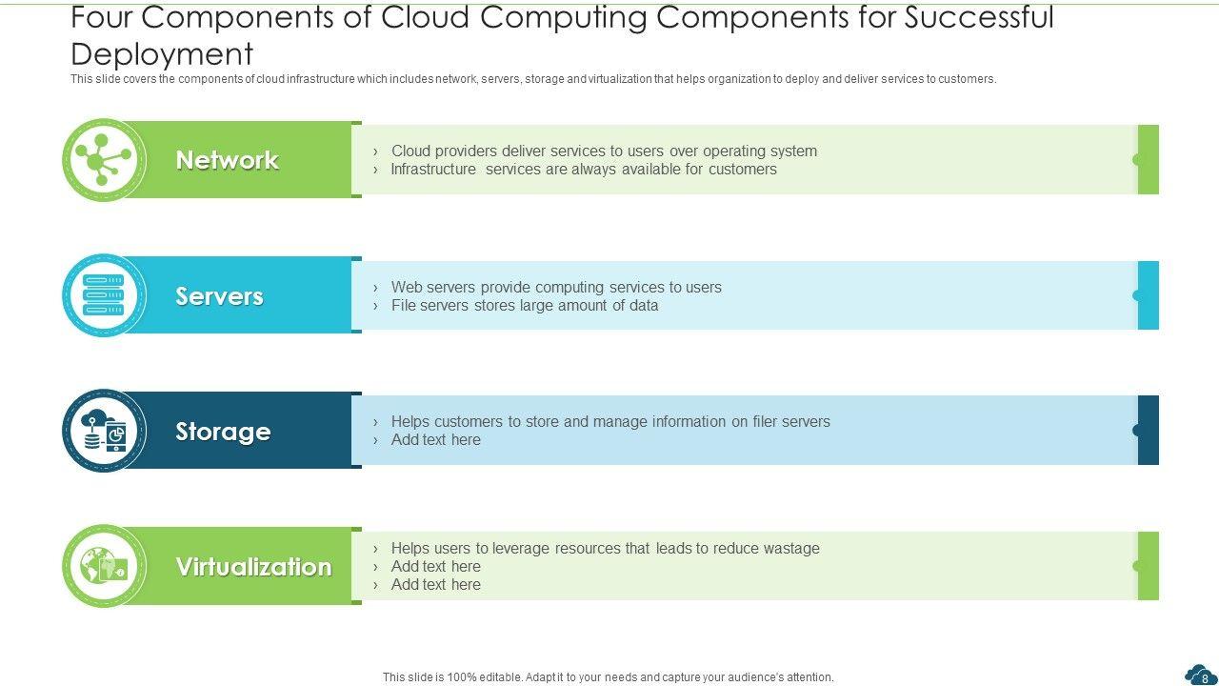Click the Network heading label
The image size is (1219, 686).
[x=227, y=160]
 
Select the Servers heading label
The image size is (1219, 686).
[x=219, y=296]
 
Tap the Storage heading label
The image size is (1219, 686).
[x=223, y=432]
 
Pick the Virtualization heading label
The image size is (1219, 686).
[x=253, y=567]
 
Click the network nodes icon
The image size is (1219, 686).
[x=103, y=160]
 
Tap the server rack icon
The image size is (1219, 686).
[x=103, y=295]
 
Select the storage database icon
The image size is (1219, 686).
[x=103, y=432]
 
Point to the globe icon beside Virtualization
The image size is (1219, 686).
[x=103, y=567]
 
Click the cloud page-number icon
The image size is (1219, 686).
[x=1200, y=675]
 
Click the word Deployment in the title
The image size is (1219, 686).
[x=162, y=53]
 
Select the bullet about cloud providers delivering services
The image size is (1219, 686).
[x=604, y=151]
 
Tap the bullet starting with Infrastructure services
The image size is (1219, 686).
[x=584, y=170]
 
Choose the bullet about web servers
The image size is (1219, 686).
[x=556, y=287]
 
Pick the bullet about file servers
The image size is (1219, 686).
[x=525, y=306]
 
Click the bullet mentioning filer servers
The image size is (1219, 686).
[x=610, y=421]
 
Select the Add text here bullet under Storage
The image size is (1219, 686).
[x=435, y=440]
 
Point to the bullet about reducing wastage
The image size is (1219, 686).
[x=605, y=548]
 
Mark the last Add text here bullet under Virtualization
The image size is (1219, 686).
[x=435, y=585]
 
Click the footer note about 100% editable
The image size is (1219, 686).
[x=609, y=677]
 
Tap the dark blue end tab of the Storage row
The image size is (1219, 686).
[x=1149, y=431]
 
